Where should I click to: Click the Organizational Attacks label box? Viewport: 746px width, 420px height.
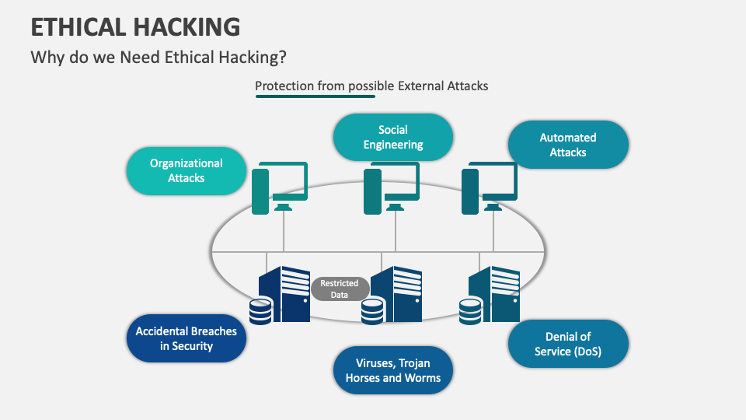click(x=187, y=170)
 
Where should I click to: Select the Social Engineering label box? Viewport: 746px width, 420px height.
click(x=392, y=137)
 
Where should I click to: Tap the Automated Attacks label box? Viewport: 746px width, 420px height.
click(x=568, y=145)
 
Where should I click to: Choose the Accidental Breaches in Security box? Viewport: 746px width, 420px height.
click(x=186, y=338)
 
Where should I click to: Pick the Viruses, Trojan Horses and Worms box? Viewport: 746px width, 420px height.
click(x=392, y=370)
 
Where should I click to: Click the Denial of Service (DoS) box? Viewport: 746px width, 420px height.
click(x=568, y=344)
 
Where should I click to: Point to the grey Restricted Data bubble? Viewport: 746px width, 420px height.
click(x=340, y=289)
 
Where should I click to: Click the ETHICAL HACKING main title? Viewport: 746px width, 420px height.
click(x=135, y=27)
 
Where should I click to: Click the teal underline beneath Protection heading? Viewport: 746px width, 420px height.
click(x=315, y=96)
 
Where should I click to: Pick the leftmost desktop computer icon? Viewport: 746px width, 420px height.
click(x=280, y=187)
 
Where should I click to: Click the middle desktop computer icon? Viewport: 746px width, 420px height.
click(x=392, y=187)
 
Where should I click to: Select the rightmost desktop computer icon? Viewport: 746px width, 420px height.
click(x=490, y=187)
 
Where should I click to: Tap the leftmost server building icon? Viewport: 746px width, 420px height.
click(x=285, y=293)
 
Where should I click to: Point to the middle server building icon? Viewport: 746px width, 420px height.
click(x=397, y=293)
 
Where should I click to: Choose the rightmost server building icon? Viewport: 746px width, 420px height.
click(x=495, y=293)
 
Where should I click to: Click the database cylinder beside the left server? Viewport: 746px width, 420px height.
click(x=261, y=311)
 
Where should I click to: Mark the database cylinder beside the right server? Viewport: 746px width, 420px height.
click(x=471, y=311)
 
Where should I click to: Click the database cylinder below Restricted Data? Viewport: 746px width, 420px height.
click(x=373, y=312)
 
